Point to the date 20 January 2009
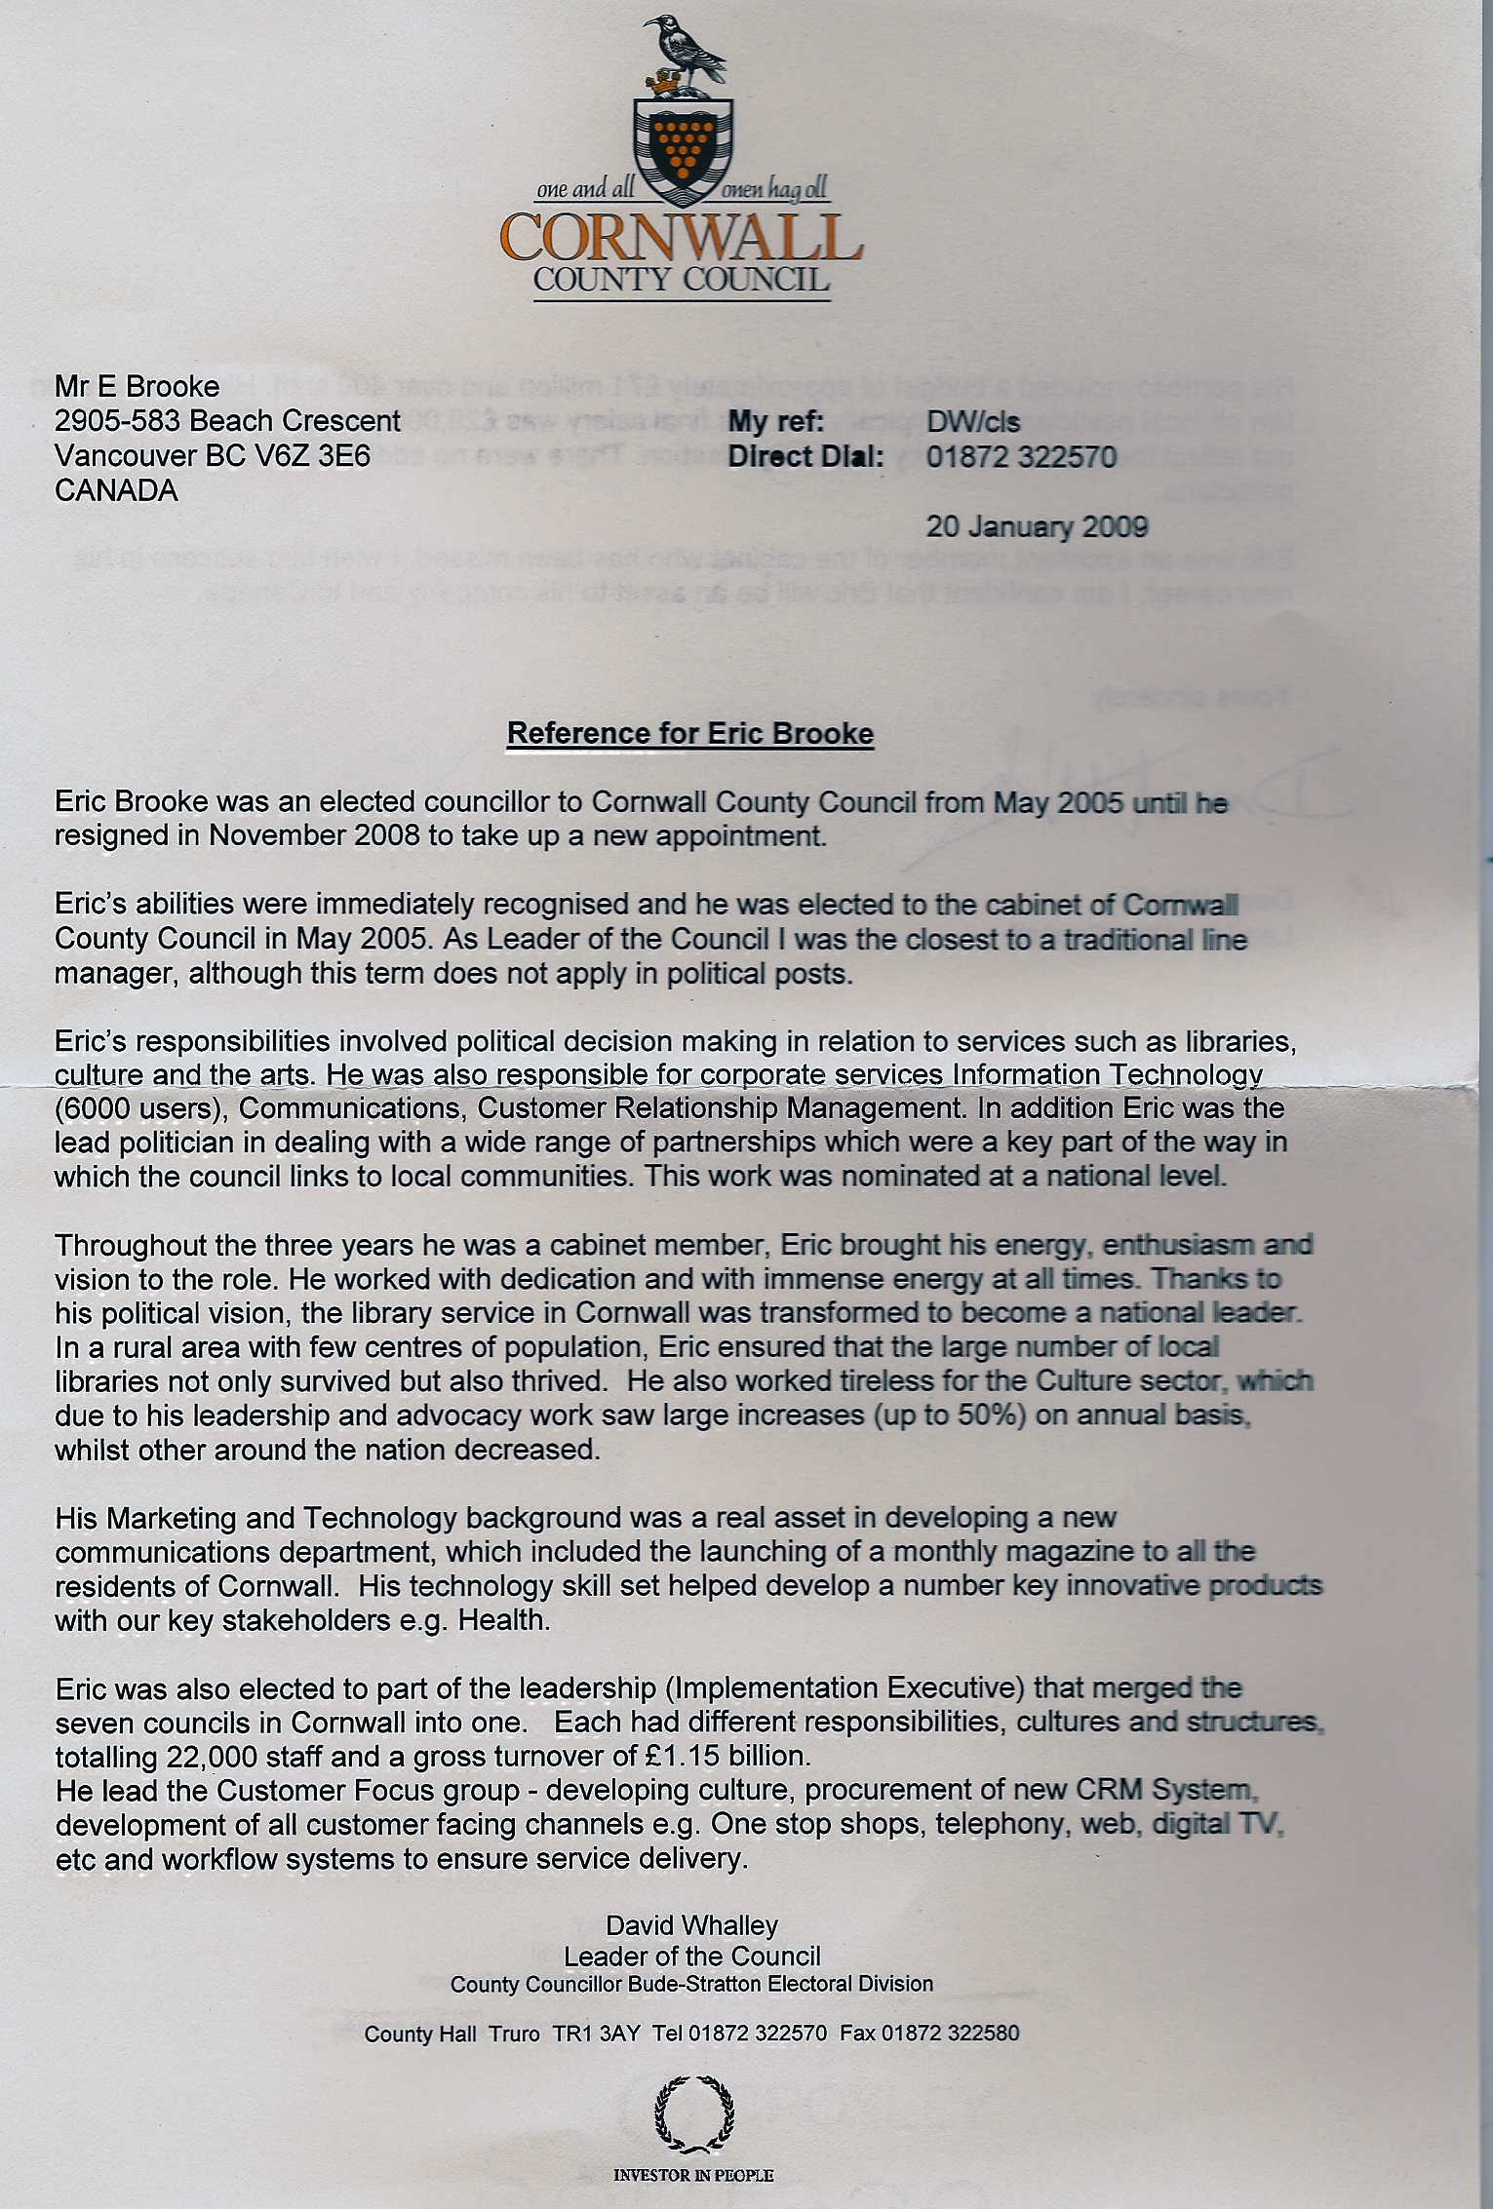pyautogui.click(x=1037, y=526)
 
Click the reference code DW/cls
pyautogui.click(x=972, y=421)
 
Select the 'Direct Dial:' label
pyautogui.click(x=805, y=456)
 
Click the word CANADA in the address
pyautogui.click(x=117, y=490)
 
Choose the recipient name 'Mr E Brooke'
pyautogui.click(x=138, y=386)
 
